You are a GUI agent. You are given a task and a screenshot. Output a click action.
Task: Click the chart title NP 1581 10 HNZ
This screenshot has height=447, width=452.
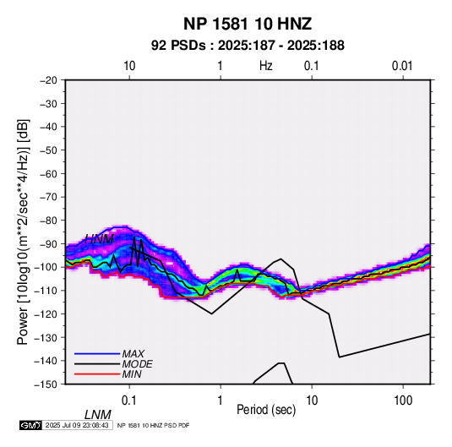tap(248, 24)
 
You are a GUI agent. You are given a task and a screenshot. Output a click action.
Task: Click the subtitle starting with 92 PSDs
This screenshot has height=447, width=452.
tap(248, 46)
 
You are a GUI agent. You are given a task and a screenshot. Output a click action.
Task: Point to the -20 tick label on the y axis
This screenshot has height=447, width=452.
tap(48, 80)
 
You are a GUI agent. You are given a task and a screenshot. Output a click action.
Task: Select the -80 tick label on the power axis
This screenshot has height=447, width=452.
tap(48, 221)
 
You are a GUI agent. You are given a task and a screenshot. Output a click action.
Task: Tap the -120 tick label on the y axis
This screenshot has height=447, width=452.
tap(46, 313)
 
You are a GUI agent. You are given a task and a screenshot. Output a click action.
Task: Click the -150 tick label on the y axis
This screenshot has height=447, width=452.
tap(46, 384)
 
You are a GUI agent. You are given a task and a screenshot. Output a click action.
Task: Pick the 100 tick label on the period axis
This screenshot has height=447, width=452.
tap(403, 401)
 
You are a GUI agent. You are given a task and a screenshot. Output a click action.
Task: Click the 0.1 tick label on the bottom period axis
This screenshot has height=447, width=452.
tap(129, 401)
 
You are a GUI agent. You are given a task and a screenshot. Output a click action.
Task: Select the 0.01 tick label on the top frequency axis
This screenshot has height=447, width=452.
tap(402, 66)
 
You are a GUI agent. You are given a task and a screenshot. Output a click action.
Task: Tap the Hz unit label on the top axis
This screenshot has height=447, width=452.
tap(266, 66)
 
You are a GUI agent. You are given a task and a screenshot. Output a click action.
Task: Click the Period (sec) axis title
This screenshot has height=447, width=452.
tap(266, 410)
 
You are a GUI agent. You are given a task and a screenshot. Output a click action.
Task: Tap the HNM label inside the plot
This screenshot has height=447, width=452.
tap(99, 239)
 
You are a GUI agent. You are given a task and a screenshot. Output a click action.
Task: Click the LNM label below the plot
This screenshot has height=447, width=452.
tap(98, 415)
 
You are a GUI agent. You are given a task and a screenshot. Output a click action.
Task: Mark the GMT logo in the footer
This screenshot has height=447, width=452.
tap(31, 425)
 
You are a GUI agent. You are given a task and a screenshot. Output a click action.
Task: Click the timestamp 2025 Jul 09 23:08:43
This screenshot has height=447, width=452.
tap(77, 425)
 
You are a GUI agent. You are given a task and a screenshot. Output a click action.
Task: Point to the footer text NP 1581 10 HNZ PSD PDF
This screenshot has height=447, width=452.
tap(154, 425)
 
